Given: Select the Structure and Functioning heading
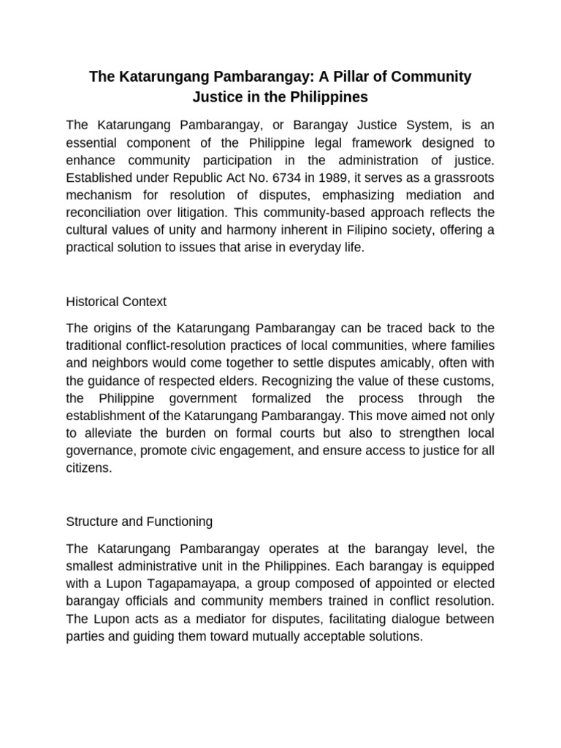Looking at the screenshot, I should [139, 522].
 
